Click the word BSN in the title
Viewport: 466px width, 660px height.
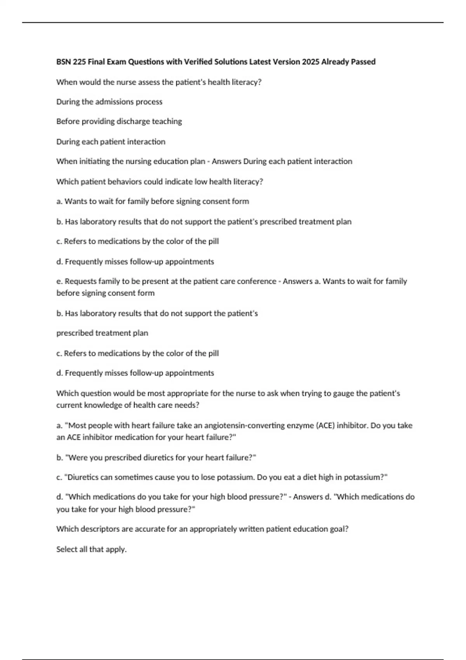click(x=63, y=62)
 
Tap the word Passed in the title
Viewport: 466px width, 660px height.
click(x=363, y=62)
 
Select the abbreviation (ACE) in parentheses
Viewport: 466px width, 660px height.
click(x=325, y=426)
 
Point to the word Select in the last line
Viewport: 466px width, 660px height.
click(x=66, y=549)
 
